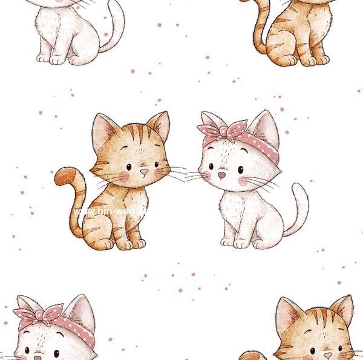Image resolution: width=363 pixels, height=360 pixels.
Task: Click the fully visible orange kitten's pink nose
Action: tap(144, 172)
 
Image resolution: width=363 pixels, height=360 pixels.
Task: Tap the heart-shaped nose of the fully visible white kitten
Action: tap(222, 175)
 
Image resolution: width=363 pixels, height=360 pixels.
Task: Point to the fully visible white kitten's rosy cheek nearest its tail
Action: tap(245, 181)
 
